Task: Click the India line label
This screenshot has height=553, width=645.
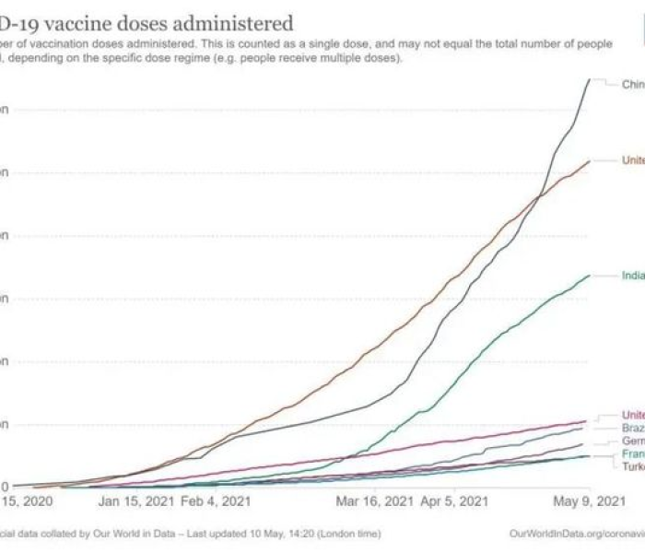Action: (632, 276)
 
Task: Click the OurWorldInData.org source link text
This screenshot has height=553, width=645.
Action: (576, 534)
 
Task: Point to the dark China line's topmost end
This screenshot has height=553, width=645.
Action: (590, 80)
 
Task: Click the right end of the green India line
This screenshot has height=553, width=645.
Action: (590, 275)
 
